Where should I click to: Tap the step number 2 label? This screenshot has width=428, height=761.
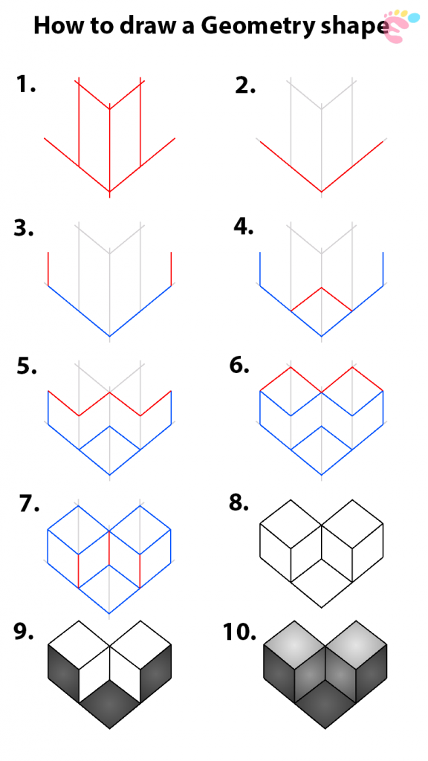245,85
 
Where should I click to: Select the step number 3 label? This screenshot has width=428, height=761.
25,228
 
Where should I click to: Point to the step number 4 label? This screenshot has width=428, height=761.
244,227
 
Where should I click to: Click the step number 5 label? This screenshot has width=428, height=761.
27,367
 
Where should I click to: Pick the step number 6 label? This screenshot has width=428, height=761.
240,366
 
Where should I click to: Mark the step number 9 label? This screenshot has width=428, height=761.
25,632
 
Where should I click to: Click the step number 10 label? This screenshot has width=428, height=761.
239,633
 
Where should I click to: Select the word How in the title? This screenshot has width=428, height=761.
59,27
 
